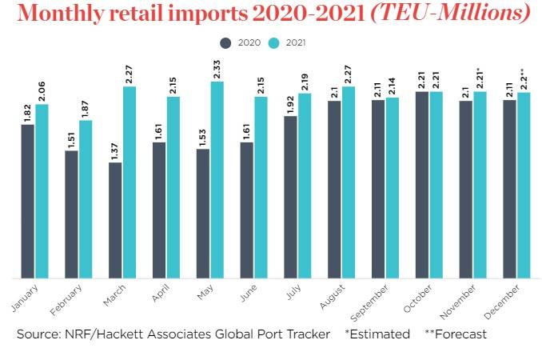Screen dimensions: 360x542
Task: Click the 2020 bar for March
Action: coord(115,219)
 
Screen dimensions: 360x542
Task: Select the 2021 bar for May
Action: coord(217,179)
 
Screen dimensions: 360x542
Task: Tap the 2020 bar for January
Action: coord(28,200)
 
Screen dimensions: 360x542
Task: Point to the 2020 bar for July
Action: coord(290,196)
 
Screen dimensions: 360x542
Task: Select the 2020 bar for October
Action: coord(421,184)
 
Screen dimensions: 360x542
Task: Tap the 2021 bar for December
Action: coord(524,185)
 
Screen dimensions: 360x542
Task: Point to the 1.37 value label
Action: coord(115,150)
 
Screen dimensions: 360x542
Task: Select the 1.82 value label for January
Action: coord(28,112)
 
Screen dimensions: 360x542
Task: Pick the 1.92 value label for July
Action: coord(290,104)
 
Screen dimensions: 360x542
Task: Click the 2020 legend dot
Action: coord(225,42)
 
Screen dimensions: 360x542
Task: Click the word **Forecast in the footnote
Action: coord(456,334)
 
